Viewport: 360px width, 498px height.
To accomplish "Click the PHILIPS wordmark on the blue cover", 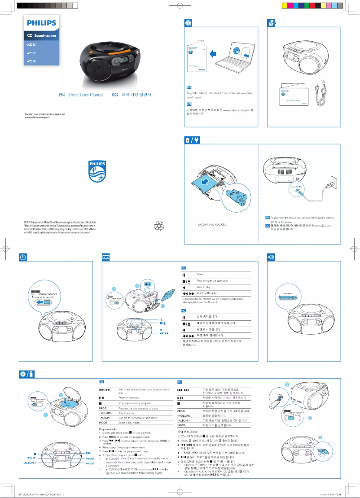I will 41,22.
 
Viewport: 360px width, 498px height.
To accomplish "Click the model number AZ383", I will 31,44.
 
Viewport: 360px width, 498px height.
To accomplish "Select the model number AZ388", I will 31,61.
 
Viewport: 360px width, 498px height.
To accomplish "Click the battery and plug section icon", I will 193,141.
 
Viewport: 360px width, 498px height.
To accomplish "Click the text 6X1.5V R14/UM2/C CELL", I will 213,225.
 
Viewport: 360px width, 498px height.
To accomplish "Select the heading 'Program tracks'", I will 108,428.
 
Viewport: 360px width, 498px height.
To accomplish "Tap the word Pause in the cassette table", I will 201,273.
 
